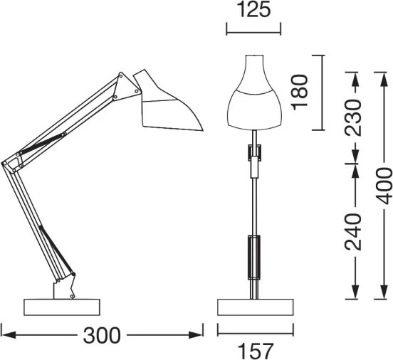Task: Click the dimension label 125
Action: pyautogui.click(x=253, y=12)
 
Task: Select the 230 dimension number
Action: pyautogui.click(x=354, y=116)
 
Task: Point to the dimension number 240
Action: pyautogui.click(x=354, y=232)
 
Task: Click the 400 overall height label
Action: pyautogui.click(x=384, y=186)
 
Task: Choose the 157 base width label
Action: pyautogui.click(x=255, y=350)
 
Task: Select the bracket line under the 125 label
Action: pyautogui.click(x=253, y=31)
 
